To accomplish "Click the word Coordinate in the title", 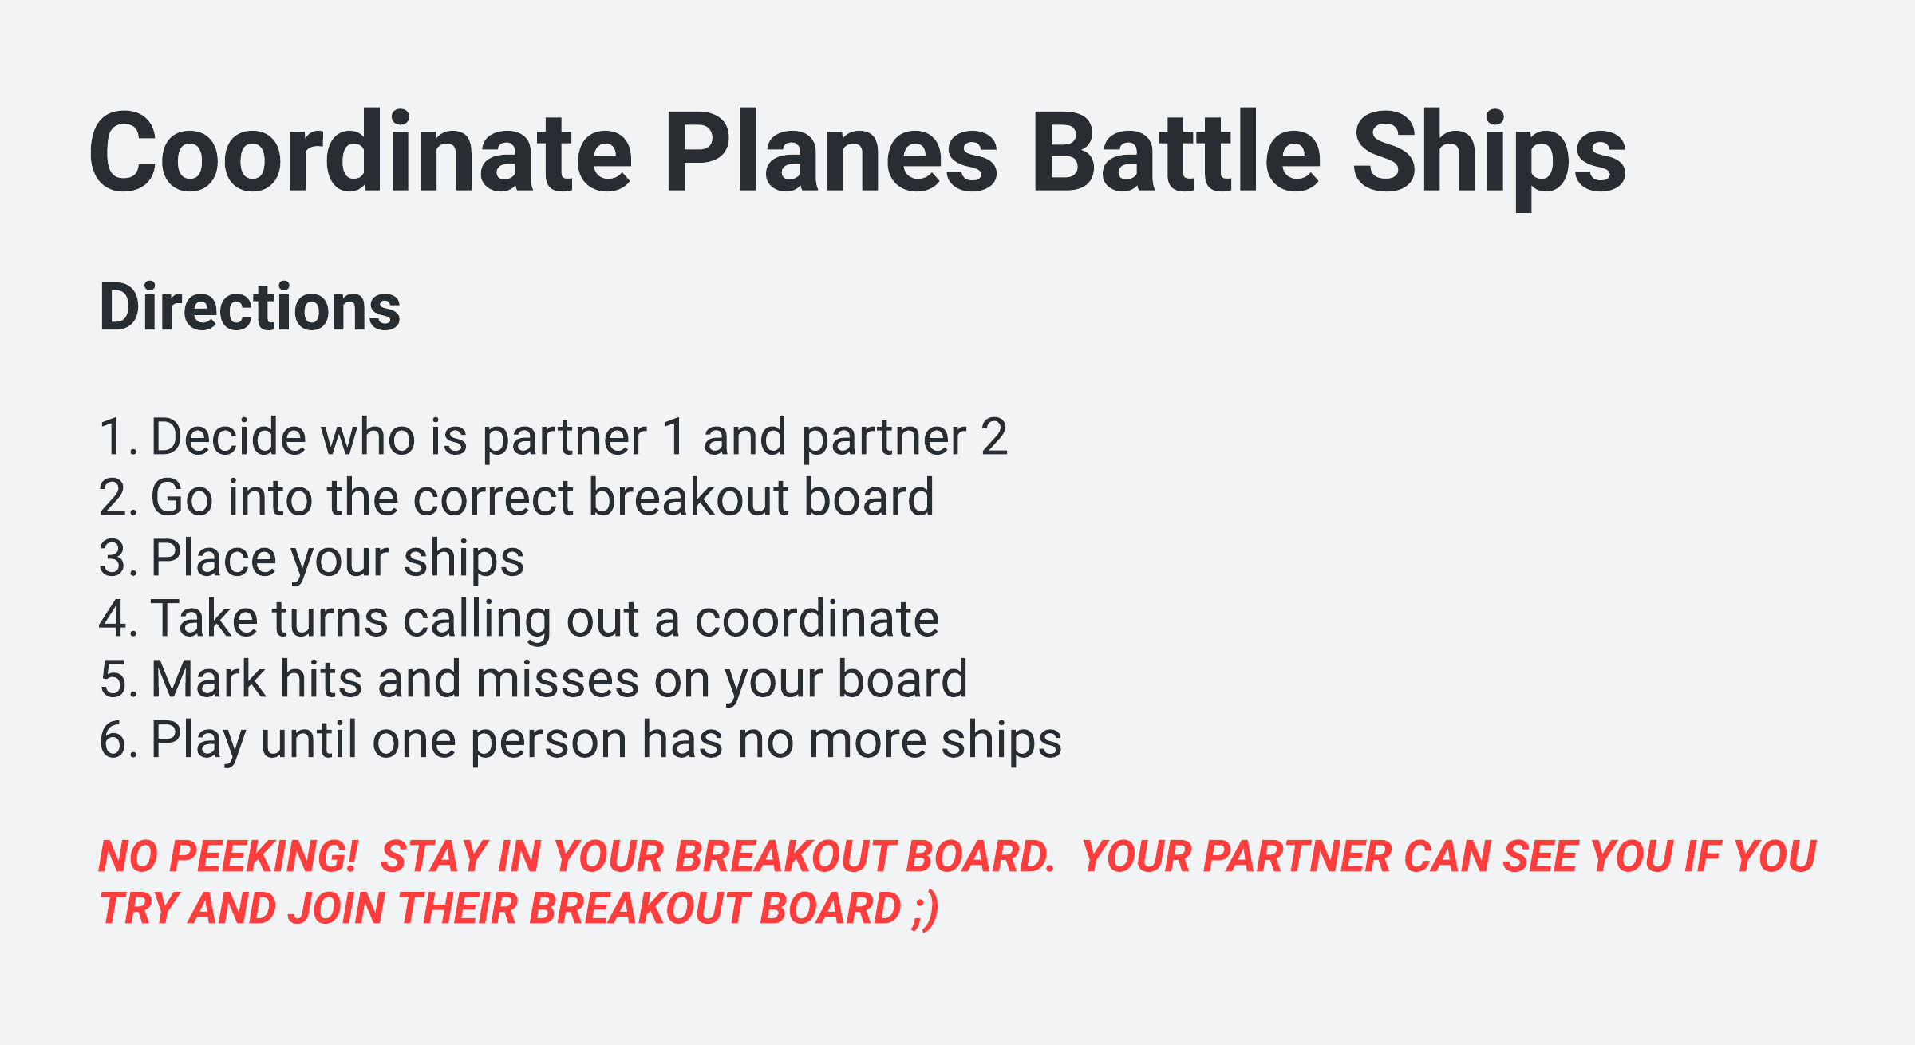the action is pyautogui.click(x=361, y=152).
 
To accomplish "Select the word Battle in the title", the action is pyautogui.click(x=1175, y=152).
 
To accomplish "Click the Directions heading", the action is pyautogui.click(x=250, y=307).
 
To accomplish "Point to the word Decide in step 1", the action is pyautogui.click(x=228, y=437).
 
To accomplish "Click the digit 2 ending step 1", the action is pyautogui.click(x=994, y=437).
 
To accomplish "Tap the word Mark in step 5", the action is pyautogui.click(x=208, y=680).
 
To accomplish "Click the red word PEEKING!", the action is pyautogui.click(x=263, y=857).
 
